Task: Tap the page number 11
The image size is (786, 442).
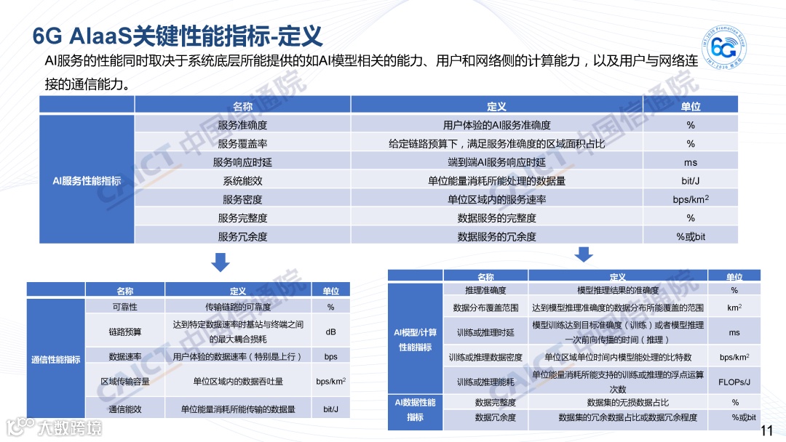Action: click(766, 431)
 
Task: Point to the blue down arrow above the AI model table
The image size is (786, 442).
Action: click(583, 254)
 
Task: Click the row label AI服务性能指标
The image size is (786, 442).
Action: click(87, 180)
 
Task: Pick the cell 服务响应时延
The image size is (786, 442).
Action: click(242, 162)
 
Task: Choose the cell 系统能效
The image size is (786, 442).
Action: click(242, 181)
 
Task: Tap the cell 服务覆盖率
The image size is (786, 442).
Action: click(242, 144)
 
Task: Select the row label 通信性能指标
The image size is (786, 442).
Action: click(56, 360)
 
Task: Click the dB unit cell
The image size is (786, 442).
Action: click(330, 332)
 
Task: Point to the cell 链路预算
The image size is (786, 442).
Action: click(125, 332)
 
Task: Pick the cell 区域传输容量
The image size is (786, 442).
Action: click(125, 381)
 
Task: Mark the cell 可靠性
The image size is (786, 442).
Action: click(125, 307)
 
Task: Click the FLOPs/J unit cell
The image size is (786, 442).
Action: click(734, 382)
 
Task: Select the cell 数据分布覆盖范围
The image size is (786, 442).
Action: click(485, 308)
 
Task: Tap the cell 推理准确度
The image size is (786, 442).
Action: click(485, 290)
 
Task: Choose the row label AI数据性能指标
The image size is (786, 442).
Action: click(415, 409)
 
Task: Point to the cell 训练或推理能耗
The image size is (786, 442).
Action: click(485, 382)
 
